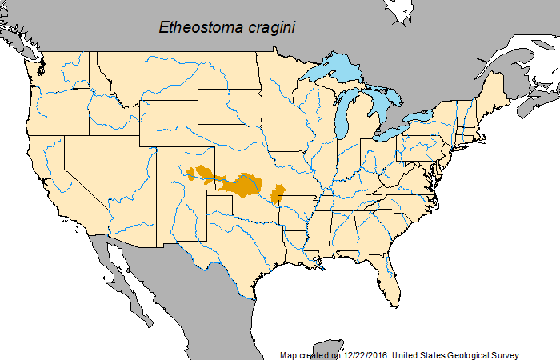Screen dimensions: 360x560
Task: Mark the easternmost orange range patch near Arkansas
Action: click(x=278, y=194)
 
